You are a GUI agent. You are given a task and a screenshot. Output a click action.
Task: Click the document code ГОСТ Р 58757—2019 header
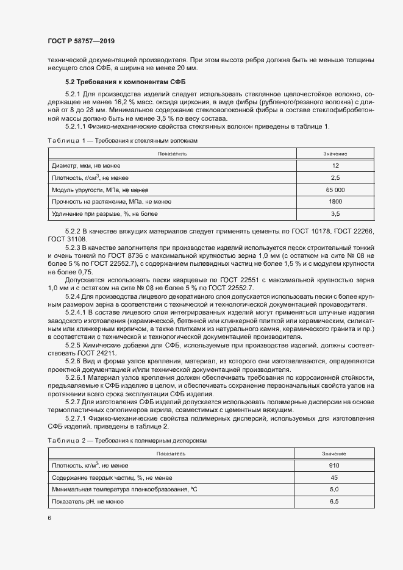tap(81, 41)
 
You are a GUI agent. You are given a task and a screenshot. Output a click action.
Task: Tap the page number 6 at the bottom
tap(49, 518)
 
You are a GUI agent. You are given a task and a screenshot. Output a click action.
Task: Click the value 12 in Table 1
tap(335, 166)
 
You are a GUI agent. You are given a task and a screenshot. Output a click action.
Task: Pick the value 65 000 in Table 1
tap(335, 190)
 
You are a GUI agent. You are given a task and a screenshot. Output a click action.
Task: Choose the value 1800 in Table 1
tap(335, 201)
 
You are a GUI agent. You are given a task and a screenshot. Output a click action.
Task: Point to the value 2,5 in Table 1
tap(335, 178)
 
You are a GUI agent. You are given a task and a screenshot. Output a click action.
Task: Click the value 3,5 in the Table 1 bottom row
tap(335, 213)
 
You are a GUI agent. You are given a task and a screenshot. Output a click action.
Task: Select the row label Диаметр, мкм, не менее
tap(86, 166)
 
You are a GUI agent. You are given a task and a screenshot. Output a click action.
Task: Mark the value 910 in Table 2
tap(334, 466)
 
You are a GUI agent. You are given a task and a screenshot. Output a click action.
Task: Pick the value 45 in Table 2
tap(334, 477)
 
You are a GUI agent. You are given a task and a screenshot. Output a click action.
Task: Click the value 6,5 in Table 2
tap(334, 501)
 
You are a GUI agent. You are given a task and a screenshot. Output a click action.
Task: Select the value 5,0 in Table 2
tap(334, 490)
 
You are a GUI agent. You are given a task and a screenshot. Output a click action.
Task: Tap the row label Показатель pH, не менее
tap(88, 501)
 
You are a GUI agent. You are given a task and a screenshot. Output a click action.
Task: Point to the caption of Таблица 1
tap(123, 141)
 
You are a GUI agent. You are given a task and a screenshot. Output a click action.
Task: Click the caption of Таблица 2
tap(127, 440)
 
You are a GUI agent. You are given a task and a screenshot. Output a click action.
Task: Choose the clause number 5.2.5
tap(73, 346)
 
